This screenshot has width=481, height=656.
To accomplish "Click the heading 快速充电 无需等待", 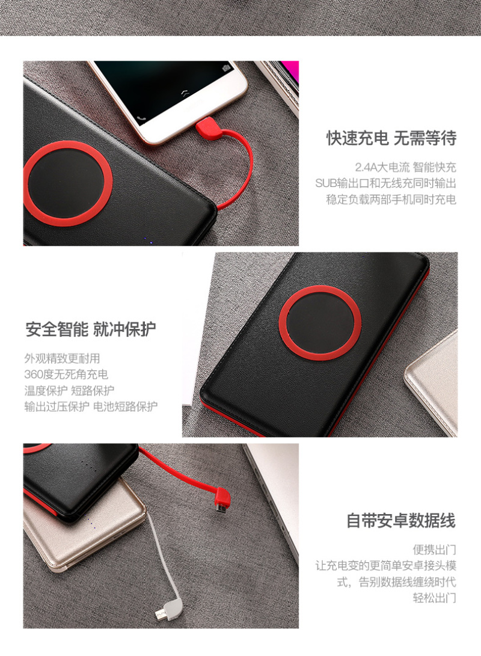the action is click(x=391, y=138).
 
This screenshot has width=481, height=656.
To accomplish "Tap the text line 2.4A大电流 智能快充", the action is click(x=405, y=167).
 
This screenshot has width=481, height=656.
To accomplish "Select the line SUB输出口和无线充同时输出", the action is click(x=385, y=183).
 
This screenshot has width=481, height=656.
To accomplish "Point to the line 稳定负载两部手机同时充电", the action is click(x=391, y=200).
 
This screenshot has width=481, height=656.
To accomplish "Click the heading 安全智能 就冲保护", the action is click(x=90, y=330).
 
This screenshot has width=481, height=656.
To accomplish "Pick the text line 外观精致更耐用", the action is click(x=62, y=358).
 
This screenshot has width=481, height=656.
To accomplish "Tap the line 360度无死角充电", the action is click(x=66, y=375).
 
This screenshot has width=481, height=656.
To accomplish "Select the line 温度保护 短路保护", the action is click(x=69, y=390).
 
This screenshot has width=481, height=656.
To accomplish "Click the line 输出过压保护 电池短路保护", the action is click(x=91, y=406).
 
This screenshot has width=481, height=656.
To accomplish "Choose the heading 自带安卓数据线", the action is click(x=400, y=521).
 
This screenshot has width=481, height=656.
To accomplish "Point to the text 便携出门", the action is click(x=434, y=550).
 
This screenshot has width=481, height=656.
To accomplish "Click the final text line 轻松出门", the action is click(x=434, y=598).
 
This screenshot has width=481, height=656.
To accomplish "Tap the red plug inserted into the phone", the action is click(x=208, y=127).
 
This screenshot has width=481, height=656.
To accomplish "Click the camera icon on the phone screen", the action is click(x=226, y=68).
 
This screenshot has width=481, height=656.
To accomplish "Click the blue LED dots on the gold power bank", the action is click(x=92, y=523).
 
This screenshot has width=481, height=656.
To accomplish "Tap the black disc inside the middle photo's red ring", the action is click(x=320, y=323).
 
